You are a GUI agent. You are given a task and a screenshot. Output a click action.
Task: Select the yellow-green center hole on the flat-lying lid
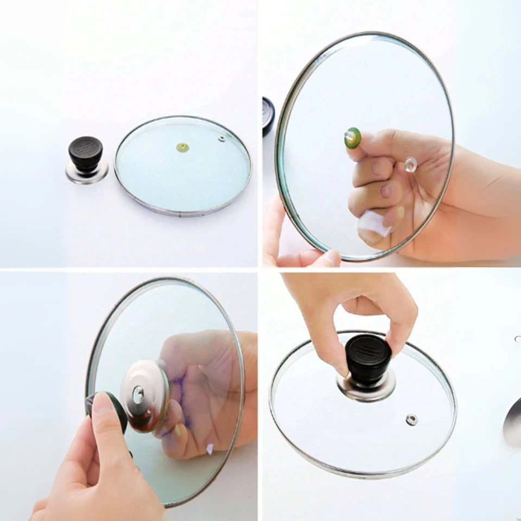point(182,147)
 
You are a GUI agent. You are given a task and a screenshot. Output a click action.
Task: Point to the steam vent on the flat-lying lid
point(221,139)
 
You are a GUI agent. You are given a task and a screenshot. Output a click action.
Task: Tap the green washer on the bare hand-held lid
point(352,138)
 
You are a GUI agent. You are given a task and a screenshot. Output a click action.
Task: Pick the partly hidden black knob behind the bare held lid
point(268,115)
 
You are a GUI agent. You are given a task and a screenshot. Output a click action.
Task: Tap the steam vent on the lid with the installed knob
point(411,418)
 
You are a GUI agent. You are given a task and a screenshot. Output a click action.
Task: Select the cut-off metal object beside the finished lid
point(512,421)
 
